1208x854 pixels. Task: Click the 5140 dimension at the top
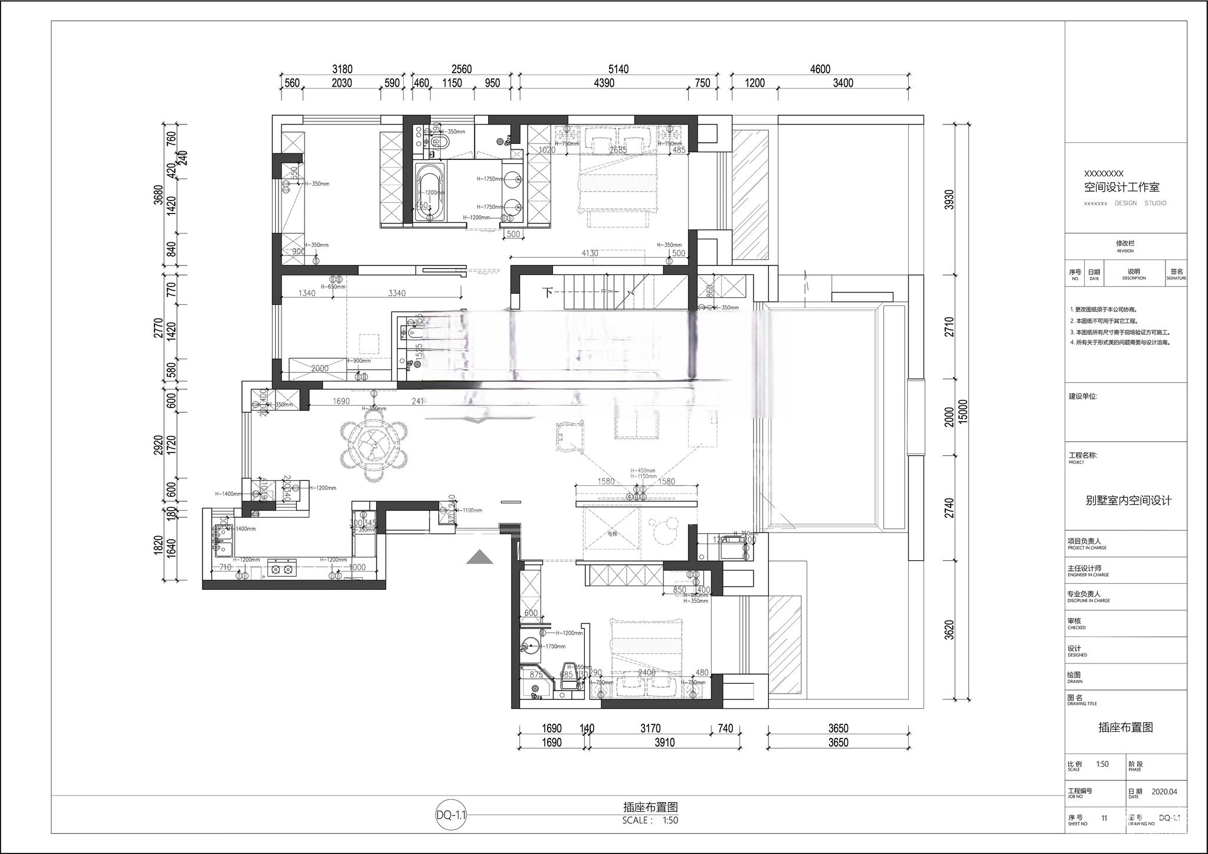[618, 69]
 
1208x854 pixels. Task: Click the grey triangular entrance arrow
[480, 557]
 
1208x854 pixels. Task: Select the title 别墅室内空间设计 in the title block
[1128, 500]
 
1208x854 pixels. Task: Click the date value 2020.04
[1164, 791]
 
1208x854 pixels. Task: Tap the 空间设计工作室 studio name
[1121, 188]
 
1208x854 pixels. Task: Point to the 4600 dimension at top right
[820, 69]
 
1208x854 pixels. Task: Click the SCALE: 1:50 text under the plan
[650, 820]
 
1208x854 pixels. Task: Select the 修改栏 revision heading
[1125, 243]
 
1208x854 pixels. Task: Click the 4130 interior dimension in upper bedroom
[590, 253]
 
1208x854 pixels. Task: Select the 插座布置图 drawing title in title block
[1125, 727]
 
